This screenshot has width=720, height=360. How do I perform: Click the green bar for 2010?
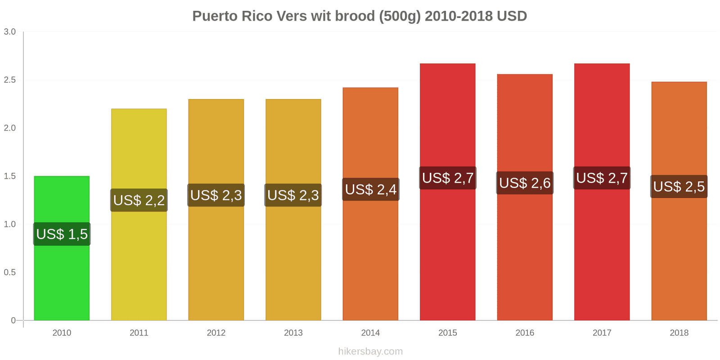[x=62, y=279]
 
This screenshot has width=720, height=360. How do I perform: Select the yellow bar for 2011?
[x=139, y=261]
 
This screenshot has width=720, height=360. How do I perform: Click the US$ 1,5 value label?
[x=62, y=234]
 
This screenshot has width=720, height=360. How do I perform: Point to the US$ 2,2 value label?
[x=139, y=200]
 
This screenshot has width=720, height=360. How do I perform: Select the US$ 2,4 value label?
[x=371, y=189]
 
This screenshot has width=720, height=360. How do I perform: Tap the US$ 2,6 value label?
[x=525, y=183]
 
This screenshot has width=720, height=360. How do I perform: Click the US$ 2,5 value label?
[x=679, y=187]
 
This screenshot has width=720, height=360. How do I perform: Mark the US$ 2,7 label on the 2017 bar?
[x=602, y=178]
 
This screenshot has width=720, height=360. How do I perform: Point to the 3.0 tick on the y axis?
[x=10, y=32]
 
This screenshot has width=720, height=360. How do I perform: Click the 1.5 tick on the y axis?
[x=10, y=176]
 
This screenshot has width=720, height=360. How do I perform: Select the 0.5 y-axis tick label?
[x=10, y=273]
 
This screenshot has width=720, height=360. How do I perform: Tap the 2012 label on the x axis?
[x=216, y=333]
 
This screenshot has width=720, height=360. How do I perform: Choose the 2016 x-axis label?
[x=525, y=333]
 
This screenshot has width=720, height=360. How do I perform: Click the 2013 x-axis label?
[x=293, y=333]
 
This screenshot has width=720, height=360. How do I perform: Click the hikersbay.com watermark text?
[x=370, y=351]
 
